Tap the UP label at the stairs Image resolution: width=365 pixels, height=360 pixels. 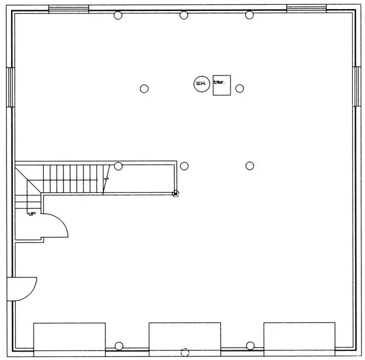pos(30,213)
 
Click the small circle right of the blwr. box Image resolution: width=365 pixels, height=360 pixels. pos(240,88)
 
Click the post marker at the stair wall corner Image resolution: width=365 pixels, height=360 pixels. pos(176,194)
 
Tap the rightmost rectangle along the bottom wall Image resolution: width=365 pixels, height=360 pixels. pos(299,337)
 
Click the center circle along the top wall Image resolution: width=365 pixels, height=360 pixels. pos(184,15)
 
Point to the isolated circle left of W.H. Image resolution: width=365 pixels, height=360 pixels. pos(144,88)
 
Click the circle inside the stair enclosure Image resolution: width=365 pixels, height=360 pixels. pos(119,166)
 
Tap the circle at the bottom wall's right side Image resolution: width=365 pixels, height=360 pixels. pos(250,346)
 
